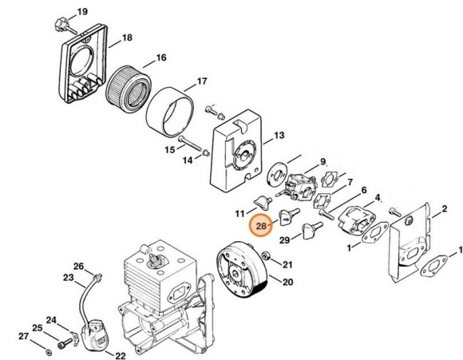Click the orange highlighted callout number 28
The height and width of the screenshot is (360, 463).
pos(262,227)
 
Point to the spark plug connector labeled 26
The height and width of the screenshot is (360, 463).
pos(97,279)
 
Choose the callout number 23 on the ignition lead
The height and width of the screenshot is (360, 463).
pos(69,279)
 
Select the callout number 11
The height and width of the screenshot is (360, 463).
pos(239,213)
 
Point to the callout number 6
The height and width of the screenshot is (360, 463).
pos(363,190)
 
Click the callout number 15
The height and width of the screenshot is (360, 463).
pos(169,148)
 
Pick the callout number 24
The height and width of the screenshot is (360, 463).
pos(50,321)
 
